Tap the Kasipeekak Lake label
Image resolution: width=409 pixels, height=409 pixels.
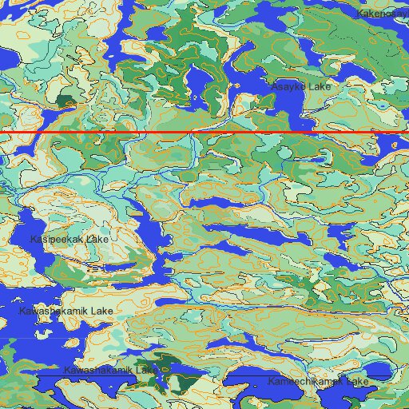69,239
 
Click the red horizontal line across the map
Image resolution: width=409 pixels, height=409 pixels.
204,130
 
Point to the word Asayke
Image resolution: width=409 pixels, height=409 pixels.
288,85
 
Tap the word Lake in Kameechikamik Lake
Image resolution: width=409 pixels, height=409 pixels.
357,383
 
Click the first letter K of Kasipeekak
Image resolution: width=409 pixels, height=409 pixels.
34,239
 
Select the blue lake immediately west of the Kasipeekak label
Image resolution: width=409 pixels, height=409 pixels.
16,240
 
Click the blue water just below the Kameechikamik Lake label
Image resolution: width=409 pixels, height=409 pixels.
320,397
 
